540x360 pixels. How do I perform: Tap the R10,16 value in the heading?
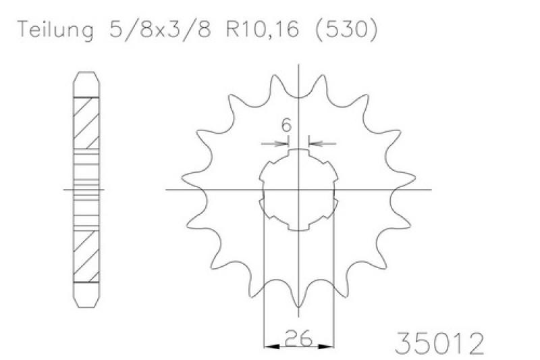click(262, 29)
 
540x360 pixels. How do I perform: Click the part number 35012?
click(439, 343)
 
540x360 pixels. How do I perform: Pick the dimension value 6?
click(286, 125)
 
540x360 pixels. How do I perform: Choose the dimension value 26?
click(298, 338)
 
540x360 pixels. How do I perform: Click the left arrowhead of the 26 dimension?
click(271, 346)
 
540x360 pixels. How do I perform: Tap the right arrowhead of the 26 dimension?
click(326, 346)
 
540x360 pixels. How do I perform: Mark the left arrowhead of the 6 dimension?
click(282, 143)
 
